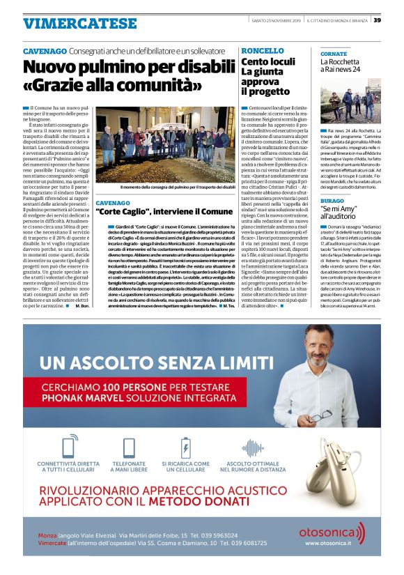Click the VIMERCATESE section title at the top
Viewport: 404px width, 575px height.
[x=79, y=24]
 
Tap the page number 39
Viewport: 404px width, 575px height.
[x=377, y=20]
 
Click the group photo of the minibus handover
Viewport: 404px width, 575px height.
[x=165, y=144]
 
